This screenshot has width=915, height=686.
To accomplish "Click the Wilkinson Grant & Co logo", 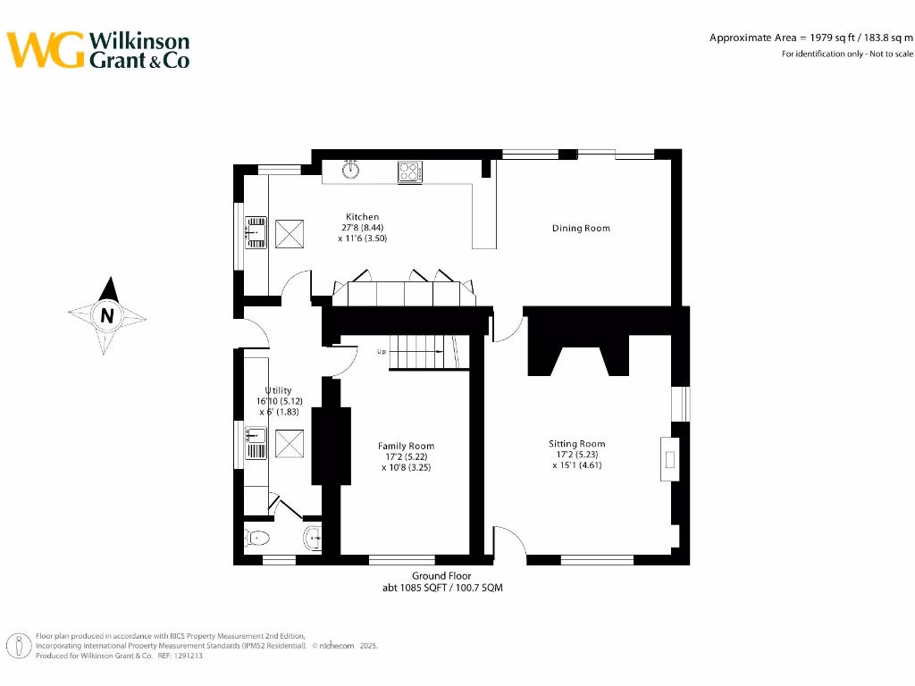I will click(x=98, y=50).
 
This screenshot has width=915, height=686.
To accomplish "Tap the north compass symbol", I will click(x=107, y=314).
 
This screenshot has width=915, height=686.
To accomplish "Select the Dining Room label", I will click(x=581, y=229).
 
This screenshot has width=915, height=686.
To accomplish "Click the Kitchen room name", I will click(x=362, y=217).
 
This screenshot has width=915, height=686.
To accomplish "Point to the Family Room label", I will click(x=407, y=446).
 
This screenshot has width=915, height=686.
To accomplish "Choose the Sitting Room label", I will click(x=576, y=444).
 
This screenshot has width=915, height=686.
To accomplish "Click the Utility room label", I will click(x=278, y=391).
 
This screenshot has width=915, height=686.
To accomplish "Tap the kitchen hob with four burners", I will click(x=410, y=171).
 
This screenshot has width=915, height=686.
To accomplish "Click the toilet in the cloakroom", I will click(x=256, y=538).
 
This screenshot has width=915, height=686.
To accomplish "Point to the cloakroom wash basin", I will click(x=313, y=538).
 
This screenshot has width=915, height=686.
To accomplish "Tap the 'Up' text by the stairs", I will click(x=382, y=352).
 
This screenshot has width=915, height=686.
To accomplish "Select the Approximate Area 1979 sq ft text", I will click(x=811, y=38).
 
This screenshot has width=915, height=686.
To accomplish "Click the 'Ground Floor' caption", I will click(x=441, y=576).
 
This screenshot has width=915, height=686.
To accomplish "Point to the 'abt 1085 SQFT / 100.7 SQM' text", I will click(x=441, y=589).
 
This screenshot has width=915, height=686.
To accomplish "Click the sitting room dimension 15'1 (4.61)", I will click(x=576, y=465).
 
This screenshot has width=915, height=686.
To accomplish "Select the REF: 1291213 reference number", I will click(x=180, y=655).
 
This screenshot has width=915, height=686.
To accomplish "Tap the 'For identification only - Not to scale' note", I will click(x=847, y=54).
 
